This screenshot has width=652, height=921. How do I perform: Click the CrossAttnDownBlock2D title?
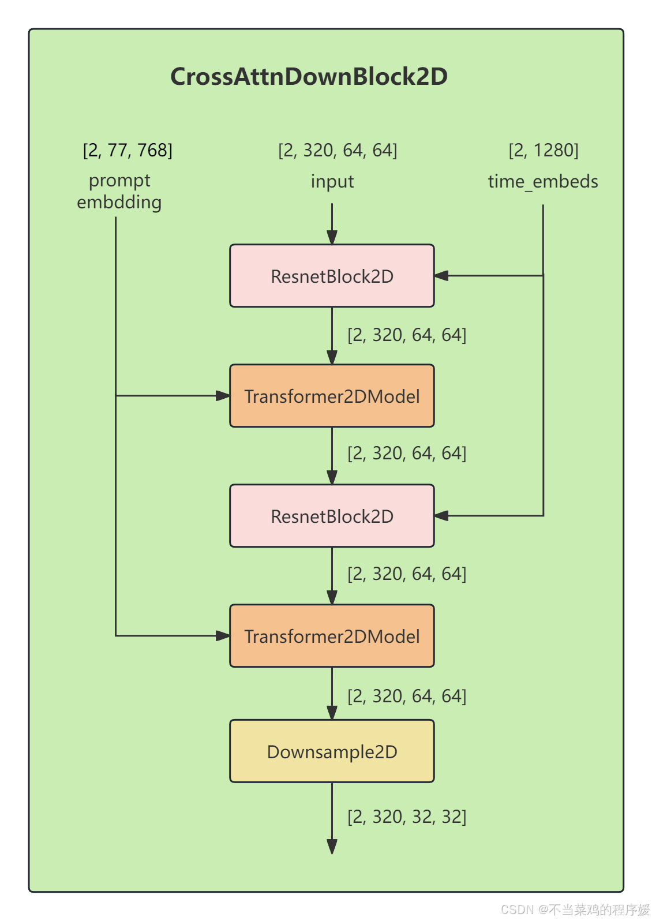click(x=309, y=77)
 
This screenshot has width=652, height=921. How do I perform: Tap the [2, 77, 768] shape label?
click(x=128, y=150)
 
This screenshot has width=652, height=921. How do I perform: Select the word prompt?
click(x=119, y=181)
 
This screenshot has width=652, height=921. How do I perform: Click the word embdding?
click(x=119, y=203)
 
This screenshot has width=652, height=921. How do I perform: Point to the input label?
click(x=332, y=182)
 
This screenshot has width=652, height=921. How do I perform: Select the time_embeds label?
click(x=542, y=182)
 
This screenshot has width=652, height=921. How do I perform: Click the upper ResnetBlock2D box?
click(x=332, y=276)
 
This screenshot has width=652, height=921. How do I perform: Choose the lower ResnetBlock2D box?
click(x=332, y=516)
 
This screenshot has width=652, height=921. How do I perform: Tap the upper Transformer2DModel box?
click(x=332, y=396)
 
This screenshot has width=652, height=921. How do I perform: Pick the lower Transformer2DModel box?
click(x=332, y=636)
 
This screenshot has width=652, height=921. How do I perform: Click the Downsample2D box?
click(x=332, y=751)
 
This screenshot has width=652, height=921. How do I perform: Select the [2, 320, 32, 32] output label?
click(x=407, y=817)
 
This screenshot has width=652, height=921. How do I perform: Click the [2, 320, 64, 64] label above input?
click(x=338, y=150)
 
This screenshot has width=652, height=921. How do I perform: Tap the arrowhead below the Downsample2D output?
click(x=332, y=847)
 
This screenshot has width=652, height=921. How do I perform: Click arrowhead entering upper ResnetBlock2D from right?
click(x=442, y=276)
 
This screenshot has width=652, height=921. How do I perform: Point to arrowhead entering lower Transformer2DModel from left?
click(x=223, y=636)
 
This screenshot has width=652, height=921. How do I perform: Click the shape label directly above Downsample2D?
click(x=407, y=696)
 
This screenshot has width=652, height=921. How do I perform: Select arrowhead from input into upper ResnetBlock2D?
click(x=332, y=237)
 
